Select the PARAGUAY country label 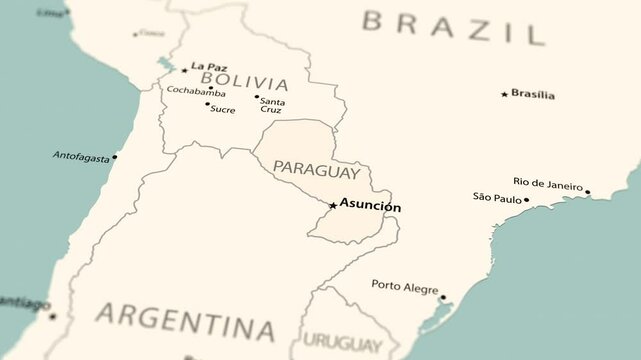tap(316, 170)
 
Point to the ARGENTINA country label tap(185, 323)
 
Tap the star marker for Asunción tap(333, 206)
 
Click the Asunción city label tap(370, 206)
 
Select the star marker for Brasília tap(504, 94)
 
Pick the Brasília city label tap(533, 94)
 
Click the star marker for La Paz tap(184, 70)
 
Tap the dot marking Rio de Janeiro tap(587, 192)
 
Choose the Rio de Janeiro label tap(547, 182)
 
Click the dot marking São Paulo tap(527, 199)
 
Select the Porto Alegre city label tap(404, 287)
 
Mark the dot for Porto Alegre tap(443, 296)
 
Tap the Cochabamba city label tap(196, 91)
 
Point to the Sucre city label tap(223, 108)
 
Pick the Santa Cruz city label tap(272, 105)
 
